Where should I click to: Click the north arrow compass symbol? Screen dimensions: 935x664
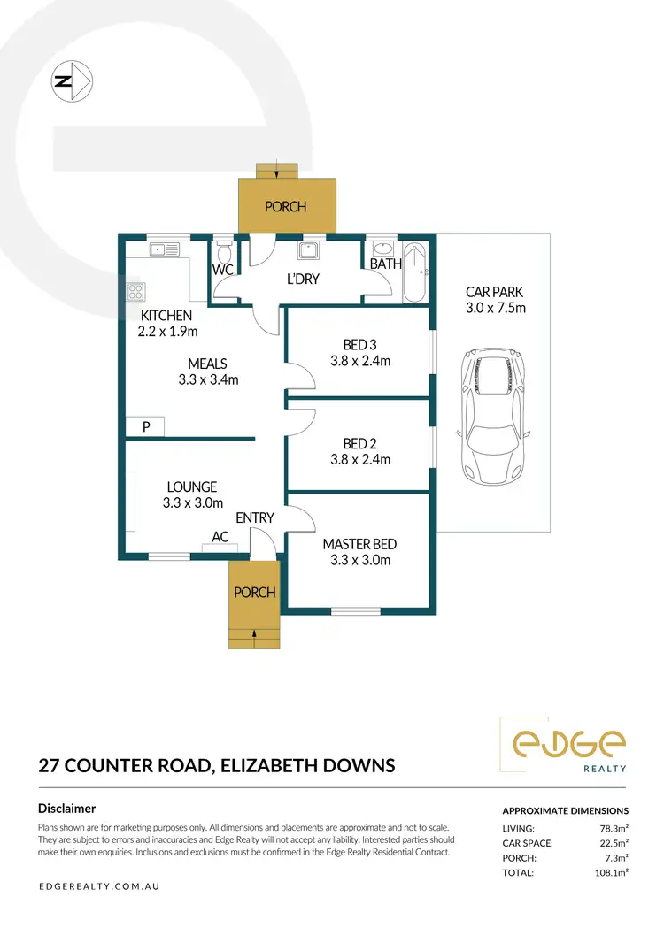point(72,80)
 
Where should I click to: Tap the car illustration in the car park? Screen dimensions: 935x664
point(492,419)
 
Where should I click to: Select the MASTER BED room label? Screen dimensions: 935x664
point(359,544)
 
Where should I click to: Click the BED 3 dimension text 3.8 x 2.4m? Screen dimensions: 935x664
point(359,361)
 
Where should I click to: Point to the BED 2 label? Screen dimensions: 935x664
point(359,443)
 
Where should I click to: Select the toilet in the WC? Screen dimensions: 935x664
point(223,249)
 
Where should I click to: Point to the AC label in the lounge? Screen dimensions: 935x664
point(220,537)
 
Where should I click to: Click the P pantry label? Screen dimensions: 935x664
point(146,426)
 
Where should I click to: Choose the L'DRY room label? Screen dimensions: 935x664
point(302,280)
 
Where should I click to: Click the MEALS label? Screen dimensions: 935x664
point(207,364)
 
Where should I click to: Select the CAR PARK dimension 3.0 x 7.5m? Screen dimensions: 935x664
point(496,308)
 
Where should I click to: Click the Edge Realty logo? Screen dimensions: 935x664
point(564,745)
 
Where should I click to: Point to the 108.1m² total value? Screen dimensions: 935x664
point(610,872)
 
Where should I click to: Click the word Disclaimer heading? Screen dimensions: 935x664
point(67,808)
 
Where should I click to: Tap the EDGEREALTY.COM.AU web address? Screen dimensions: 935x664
point(99,885)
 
